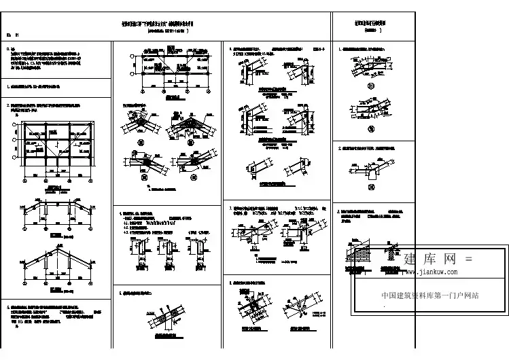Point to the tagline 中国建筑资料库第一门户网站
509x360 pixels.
tap(430, 295)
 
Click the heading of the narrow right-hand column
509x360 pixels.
tap(372, 24)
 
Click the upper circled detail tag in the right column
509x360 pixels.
tap(371, 86)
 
